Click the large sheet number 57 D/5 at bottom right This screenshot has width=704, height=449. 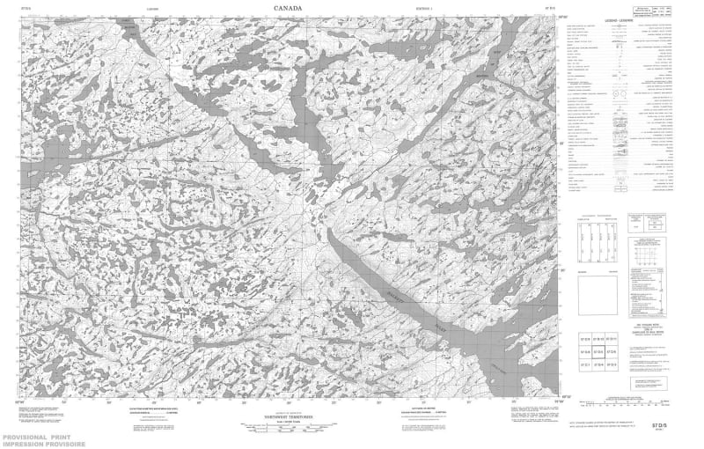653,426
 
